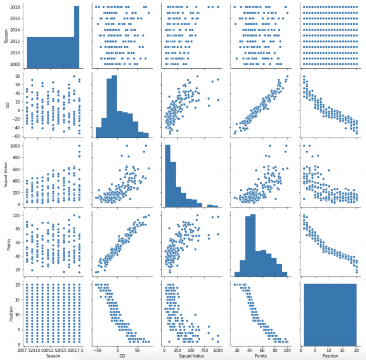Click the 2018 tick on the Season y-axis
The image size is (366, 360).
coord(15,7)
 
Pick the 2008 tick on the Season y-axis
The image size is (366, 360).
coord(15,64)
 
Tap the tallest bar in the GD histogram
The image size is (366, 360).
coord(114,105)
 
